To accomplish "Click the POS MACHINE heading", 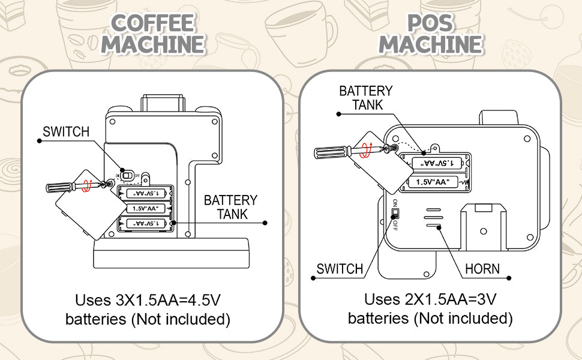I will [430, 34].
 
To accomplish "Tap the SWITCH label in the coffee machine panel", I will [65, 132].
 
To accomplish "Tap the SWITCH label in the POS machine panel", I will [340, 269].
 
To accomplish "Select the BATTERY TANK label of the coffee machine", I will [230, 207].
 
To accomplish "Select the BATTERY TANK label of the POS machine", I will [365, 98].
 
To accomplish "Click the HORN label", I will [482, 268].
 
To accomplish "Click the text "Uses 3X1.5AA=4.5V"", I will [148, 299].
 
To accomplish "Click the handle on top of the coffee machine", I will [163, 102].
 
